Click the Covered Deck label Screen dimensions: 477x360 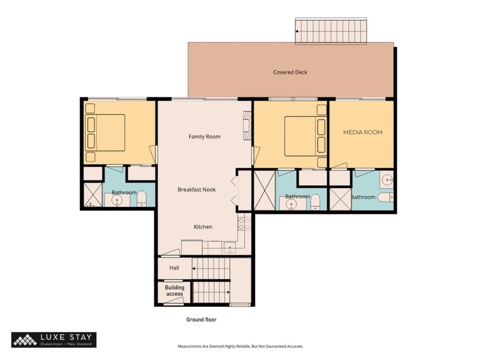(x=290, y=72)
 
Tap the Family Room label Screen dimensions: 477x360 (x=204, y=137)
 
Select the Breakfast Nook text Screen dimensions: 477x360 (x=197, y=189)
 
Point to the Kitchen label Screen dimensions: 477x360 (x=203, y=227)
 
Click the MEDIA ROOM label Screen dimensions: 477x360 (x=363, y=132)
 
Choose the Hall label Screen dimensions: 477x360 (x=174, y=268)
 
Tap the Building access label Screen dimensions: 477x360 (x=174, y=290)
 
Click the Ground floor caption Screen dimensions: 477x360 (x=201, y=320)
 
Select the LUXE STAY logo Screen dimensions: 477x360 (x=54, y=340)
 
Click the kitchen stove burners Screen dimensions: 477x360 (x=244, y=224)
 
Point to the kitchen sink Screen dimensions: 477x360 (x=230, y=247)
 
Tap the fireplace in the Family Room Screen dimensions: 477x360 (x=247, y=126)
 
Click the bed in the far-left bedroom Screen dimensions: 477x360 (x=105, y=133)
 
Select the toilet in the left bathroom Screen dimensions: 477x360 (x=142, y=198)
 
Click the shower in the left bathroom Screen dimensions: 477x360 (x=93, y=195)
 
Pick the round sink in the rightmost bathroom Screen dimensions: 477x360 (x=387, y=180)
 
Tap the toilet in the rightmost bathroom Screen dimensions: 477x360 (x=386, y=197)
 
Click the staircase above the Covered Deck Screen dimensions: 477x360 (x=331, y=31)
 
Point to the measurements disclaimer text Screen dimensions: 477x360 (x=240, y=346)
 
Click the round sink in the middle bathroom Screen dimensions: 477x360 (x=291, y=204)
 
